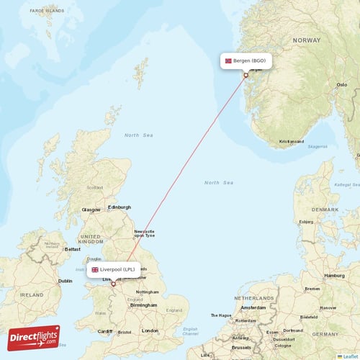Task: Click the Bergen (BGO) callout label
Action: pos(245,61)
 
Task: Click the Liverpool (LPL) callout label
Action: pos(113,270)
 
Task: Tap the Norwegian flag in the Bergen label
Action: pos(229,61)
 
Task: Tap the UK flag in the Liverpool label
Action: pos(94,270)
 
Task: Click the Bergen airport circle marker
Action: pos(246,75)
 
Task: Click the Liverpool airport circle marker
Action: pos(113,284)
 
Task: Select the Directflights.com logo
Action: pos(34,336)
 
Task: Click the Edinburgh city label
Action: pos(120,207)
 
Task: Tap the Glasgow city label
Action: pos(91,210)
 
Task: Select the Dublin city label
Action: pos(65,281)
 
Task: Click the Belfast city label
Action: pos(73,248)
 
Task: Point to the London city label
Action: pos(150,330)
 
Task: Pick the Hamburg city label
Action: pos(334,275)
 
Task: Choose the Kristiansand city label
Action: pos(292,142)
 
